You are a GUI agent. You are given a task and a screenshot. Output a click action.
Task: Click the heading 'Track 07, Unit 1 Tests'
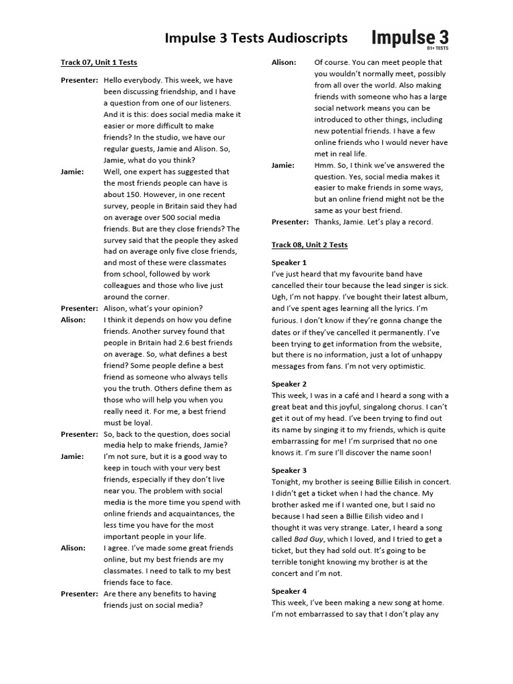[x=99, y=63]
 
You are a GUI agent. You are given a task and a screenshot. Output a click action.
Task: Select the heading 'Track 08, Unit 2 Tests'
[x=309, y=245]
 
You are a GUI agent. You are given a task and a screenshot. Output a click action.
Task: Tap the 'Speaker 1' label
[x=289, y=263]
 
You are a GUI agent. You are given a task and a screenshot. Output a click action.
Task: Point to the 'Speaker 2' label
[x=289, y=384]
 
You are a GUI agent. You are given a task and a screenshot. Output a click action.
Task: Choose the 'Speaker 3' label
[x=289, y=471]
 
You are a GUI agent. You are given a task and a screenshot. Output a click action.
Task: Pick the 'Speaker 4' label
[x=289, y=591]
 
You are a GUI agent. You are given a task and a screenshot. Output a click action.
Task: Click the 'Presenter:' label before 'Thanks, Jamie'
[x=290, y=222]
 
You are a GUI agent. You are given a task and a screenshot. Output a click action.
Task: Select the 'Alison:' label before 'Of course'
[x=283, y=63]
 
